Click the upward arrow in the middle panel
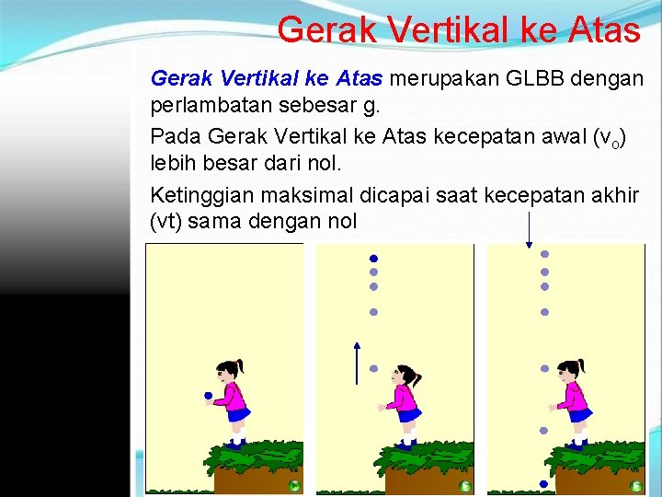coord(357,361)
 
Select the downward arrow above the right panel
coord(530,230)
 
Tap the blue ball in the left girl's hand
coord(209,397)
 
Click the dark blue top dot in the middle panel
coord(374,258)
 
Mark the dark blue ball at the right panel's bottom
coord(543,484)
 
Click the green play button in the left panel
coord(293,485)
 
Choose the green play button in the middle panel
coord(465,485)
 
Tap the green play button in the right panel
coord(636,485)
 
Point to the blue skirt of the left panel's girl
coord(238,415)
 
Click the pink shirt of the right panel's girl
coord(576,397)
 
